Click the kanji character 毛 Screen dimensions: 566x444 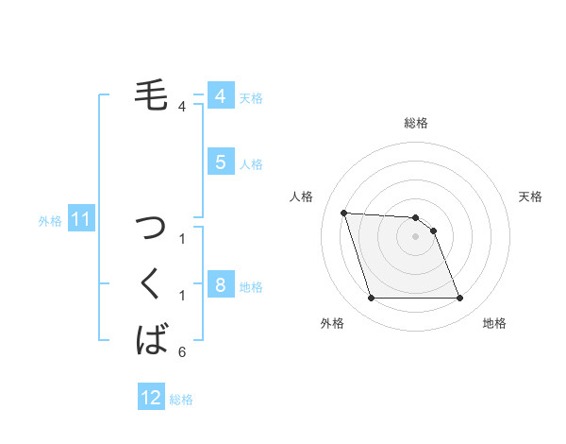coord(151,94)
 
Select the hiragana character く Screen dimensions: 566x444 coord(152,283)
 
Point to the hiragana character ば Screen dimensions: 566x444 coord(152,338)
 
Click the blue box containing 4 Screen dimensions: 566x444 coord(220,96)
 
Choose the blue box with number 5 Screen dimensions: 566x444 coord(220,162)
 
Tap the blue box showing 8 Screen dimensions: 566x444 coord(220,285)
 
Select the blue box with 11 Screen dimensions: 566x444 coord(81,220)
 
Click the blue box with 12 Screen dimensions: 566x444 coord(151,398)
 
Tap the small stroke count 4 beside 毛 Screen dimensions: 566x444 coord(181,107)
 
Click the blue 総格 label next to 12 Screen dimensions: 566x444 coord(181,400)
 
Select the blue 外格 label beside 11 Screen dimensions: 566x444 coord(50,221)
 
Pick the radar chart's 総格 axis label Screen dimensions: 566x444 coord(416,123)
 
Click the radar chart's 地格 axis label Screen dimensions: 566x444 coord(494,324)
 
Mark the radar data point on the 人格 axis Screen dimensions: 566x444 coord(343,213)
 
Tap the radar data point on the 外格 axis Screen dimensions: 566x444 coord(371,299)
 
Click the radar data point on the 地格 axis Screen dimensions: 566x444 coord(459,299)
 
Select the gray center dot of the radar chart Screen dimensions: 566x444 coord(416,236)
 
